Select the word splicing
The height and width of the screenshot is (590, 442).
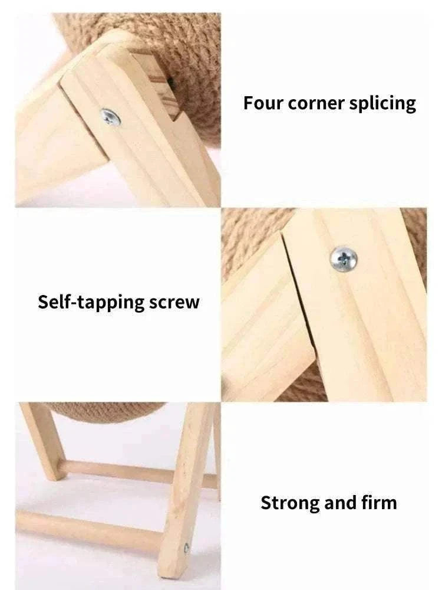(382, 104)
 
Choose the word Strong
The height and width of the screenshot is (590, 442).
(289, 503)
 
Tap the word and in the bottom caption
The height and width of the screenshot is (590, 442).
(340, 503)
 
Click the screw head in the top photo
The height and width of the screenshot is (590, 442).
(110, 116)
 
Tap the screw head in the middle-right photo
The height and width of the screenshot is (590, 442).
(343, 257)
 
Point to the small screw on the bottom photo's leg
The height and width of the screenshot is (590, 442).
(187, 548)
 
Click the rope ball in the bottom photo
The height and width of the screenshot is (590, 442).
(103, 412)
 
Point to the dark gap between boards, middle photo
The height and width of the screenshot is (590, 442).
(301, 307)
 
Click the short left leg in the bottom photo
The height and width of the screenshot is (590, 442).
(43, 440)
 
